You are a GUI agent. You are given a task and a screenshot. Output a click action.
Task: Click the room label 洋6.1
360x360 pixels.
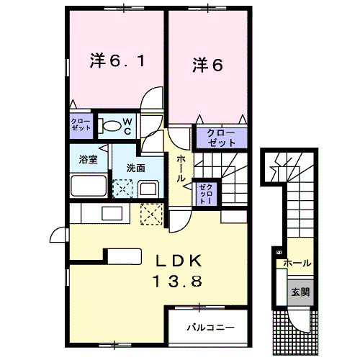(x=120, y=63)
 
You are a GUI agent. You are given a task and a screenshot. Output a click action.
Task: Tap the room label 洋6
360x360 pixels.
(x=207, y=65)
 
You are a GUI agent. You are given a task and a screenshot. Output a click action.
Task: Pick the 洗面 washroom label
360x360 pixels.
(x=136, y=168)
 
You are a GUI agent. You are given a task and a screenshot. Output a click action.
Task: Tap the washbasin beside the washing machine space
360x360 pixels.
(x=149, y=189)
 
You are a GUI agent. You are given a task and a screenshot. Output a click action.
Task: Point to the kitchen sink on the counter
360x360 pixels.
(x=112, y=214)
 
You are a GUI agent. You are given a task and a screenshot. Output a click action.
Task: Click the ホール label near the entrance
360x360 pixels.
(x=297, y=264)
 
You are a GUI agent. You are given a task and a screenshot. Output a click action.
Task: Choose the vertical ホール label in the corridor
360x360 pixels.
(x=181, y=167)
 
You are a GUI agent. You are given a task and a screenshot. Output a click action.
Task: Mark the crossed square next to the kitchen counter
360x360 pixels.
(x=151, y=215)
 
